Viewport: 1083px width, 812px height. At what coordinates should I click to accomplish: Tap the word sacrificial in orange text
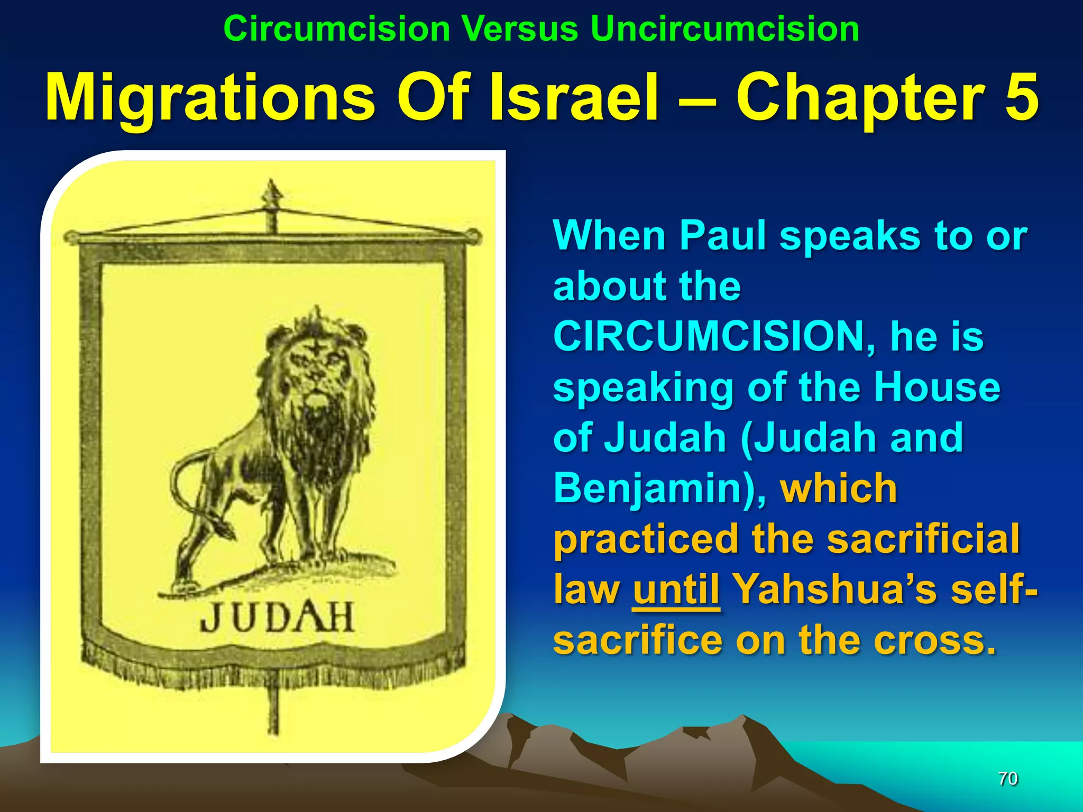tap(923, 539)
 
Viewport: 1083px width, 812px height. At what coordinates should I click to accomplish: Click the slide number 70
tap(1007, 778)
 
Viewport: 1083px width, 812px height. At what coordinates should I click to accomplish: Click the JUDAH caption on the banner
tap(277, 618)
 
